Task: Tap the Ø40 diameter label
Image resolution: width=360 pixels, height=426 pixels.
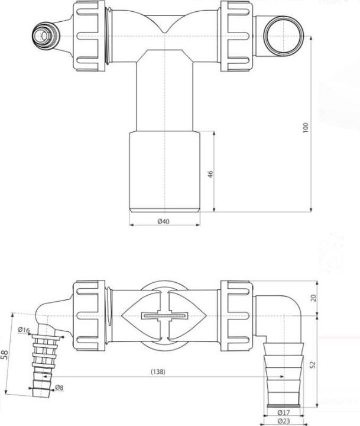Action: [x=164, y=221]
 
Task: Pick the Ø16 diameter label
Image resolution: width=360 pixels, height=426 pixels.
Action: [x=24, y=330]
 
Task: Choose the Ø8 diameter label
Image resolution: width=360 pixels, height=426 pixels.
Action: [x=59, y=388]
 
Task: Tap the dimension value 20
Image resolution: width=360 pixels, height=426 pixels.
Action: [x=313, y=298]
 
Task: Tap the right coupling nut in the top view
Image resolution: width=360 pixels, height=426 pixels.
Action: [x=238, y=34]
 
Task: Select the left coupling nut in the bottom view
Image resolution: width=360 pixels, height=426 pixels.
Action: [x=90, y=313]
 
